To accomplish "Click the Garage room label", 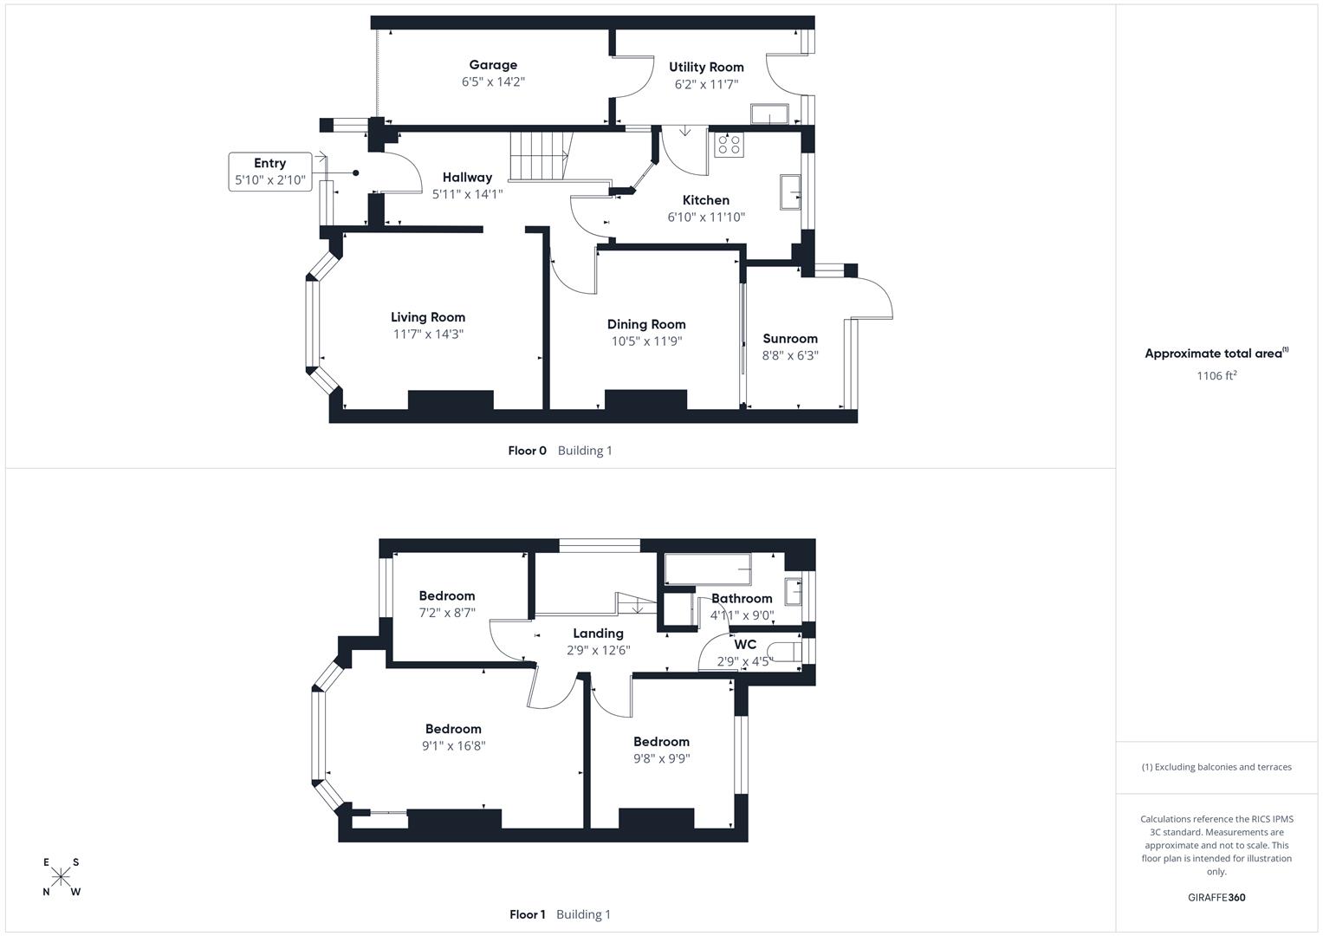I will pyautogui.click(x=493, y=65).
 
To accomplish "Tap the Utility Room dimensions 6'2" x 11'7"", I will pyautogui.click(x=706, y=85).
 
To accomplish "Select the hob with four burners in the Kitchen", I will pyautogui.click(x=728, y=144).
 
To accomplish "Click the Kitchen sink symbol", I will pyautogui.click(x=790, y=192).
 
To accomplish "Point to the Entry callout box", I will pyautogui.click(x=270, y=172).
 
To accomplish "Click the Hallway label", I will pyautogui.click(x=467, y=178).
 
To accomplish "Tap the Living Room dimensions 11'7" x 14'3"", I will pyautogui.click(x=428, y=335).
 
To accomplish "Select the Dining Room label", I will pyautogui.click(x=646, y=324).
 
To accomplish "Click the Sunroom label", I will pyautogui.click(x=790, y=339).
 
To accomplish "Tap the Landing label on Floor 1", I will pyautogui.click(x=598, y=634).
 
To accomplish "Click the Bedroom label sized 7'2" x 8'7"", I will pyautogui.click(x=447, y=596).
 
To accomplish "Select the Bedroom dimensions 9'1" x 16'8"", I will pyautogui.click(x=453, y=745).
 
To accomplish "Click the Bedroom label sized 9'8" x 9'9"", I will pyautogui.click(x=661, y=742).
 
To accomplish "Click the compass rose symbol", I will pyautogui.click(x=61, y=877).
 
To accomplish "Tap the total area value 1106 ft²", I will pyautogui.click(x=1216, y=375).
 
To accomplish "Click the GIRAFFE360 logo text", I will pyautogui.click(x=1216, y=898).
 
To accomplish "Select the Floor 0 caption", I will pyautogui.click(x=527, y=451).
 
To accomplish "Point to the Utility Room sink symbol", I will pyautogui.click(x=769, y=114).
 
